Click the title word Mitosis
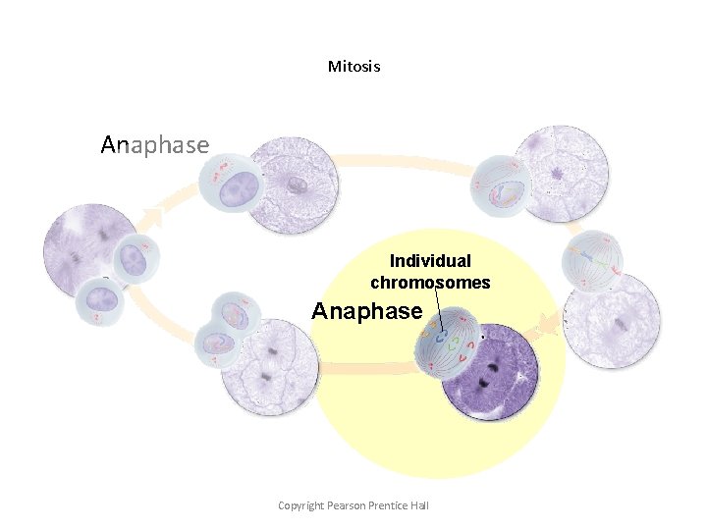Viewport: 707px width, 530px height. point(353,67)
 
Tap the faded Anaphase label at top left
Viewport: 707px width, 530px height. point(154,145)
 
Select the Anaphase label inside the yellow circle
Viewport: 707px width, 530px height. point(366,311)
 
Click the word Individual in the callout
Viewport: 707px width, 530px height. point(430,261)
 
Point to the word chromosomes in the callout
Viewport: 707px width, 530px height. point(430,283)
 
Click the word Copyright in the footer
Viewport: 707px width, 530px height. point(300,505)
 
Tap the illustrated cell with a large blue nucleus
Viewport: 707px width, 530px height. point(232,186)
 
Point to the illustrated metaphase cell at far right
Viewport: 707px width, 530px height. point(593,261)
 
